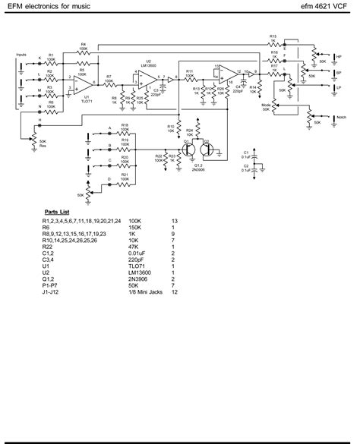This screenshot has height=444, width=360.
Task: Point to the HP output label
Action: [339, 56]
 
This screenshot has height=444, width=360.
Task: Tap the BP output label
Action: [339, 73]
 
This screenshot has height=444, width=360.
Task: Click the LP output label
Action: [339, 88]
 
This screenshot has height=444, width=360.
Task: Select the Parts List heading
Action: [57, 213]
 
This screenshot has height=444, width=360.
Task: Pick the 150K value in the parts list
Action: [135, 228]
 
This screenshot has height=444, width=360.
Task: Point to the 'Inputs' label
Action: [21, 55]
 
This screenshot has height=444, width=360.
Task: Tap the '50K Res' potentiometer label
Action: [43, 144]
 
